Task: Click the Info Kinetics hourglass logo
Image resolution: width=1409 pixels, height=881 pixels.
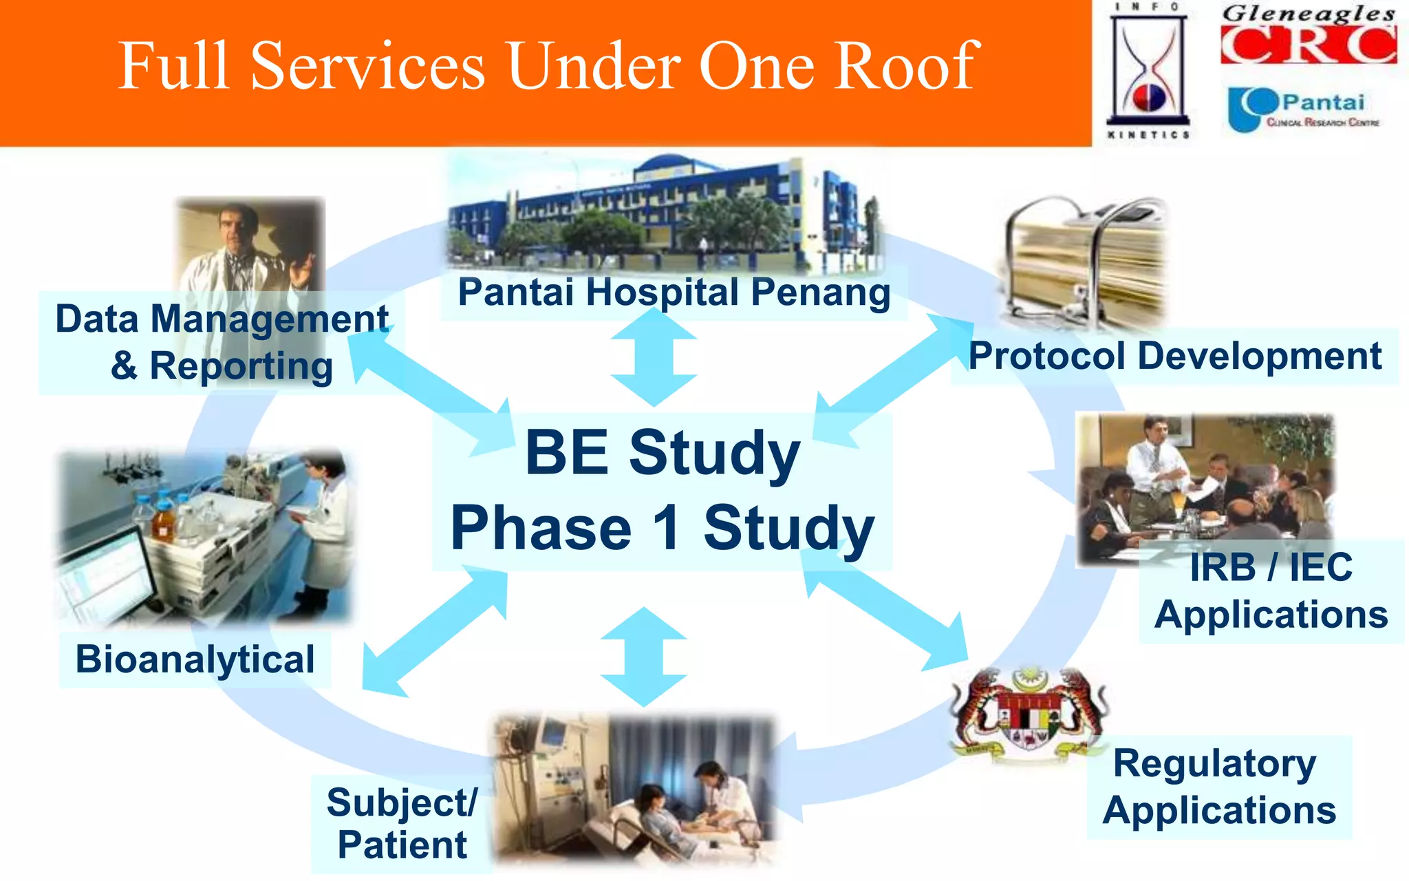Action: click(x=1148, y=71)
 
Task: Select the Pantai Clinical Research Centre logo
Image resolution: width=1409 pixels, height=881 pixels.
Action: click(x=1303, y=109)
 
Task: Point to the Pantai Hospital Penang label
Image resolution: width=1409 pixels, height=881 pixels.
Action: click(x=674, y=293)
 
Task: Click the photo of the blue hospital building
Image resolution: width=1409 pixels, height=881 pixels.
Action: click(x=660, y=213)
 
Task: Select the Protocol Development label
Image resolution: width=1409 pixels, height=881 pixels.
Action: click(x=1174, y=357)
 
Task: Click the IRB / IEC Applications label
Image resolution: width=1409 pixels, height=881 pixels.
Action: click(x=1271, y=591)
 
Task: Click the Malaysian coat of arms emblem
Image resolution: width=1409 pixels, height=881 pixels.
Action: click(x=1029, y=716)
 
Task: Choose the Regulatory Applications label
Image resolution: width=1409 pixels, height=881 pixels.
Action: click(x=1218, y=787)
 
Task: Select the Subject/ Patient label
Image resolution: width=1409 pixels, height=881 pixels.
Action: click(x=402, y=824)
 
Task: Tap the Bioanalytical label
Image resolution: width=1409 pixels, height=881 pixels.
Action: click(x=195, y=659)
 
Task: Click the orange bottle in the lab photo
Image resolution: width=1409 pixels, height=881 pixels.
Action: click(x=162, y=521)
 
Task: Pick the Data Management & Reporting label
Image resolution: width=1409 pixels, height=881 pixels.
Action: click(x=222, y=342)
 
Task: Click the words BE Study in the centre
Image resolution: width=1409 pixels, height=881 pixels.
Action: click(x=662, y=453)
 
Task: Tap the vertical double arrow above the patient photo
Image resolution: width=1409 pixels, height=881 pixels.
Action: click(x=643, y=657)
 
